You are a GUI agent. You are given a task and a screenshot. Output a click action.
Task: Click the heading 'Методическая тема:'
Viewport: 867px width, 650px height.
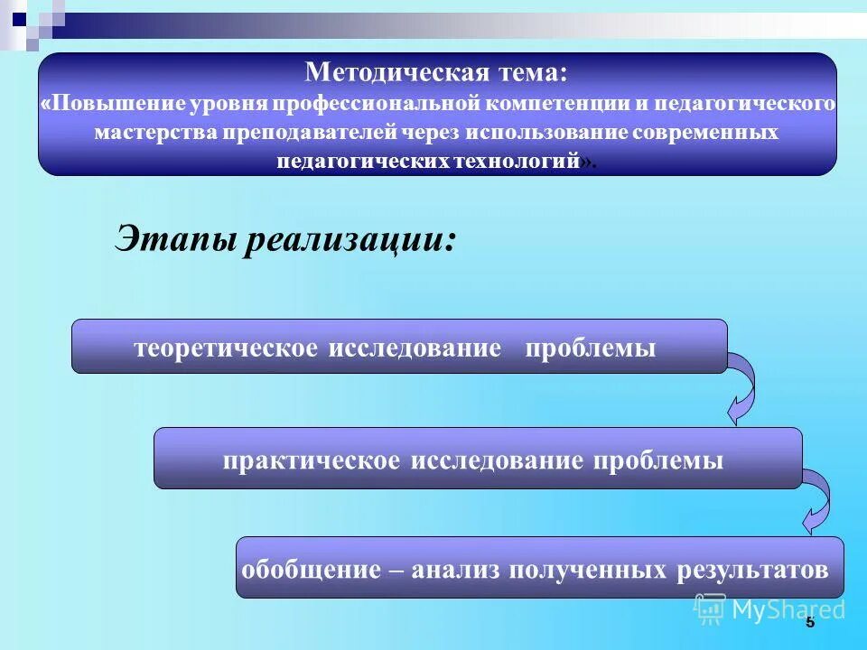coord(437,71)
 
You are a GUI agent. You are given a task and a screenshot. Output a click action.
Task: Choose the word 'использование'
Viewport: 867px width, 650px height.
coord(527,132)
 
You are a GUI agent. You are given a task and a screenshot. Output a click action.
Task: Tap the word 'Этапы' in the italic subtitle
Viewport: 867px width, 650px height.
coord(172,238)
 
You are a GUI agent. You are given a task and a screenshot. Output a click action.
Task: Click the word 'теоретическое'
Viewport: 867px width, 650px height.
coord(226,348)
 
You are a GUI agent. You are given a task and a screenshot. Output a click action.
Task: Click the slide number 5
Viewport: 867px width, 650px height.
coord(809,621)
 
